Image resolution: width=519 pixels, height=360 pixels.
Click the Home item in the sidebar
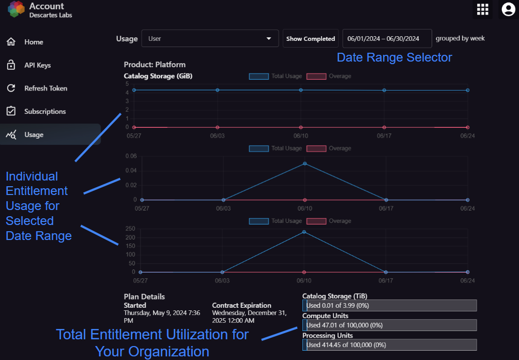[x=25, y=42]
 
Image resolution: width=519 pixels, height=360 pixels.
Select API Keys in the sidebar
[x=28, y=65]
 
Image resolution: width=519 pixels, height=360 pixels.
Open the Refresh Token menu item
[x=37, y=88]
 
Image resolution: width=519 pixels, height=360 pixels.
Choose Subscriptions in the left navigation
[x=36, y=112]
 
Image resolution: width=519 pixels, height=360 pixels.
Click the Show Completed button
[x=311, y=39]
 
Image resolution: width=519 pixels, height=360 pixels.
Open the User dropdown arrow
[x=269, y=38]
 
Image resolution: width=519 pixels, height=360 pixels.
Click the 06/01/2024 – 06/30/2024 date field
[x=387, y=39]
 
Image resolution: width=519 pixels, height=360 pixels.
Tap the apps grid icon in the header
[x=483, y=9]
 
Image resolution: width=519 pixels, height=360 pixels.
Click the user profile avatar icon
[x=509, y=9]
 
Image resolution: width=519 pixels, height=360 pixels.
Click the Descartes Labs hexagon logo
[x=16, y=9]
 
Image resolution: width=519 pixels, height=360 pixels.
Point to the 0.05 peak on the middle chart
[x=305, y=163]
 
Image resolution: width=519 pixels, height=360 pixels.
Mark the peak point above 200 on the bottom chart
[x=304, y=232]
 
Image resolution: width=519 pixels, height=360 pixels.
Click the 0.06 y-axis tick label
[x=131, y=156]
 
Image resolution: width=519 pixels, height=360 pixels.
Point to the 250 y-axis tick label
[x=130, y=229]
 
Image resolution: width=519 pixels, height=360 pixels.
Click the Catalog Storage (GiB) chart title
[x=158, y=76]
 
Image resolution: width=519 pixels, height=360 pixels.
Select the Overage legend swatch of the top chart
[x=316, y=77]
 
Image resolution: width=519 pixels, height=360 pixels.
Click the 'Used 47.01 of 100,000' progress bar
[x=390, y=325]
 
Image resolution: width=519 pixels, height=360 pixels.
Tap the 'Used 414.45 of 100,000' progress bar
[x=390, y=345]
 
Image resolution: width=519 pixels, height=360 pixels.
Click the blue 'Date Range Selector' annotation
[x=394, y=57]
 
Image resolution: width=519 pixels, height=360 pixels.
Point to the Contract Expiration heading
[x=241, y=305]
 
